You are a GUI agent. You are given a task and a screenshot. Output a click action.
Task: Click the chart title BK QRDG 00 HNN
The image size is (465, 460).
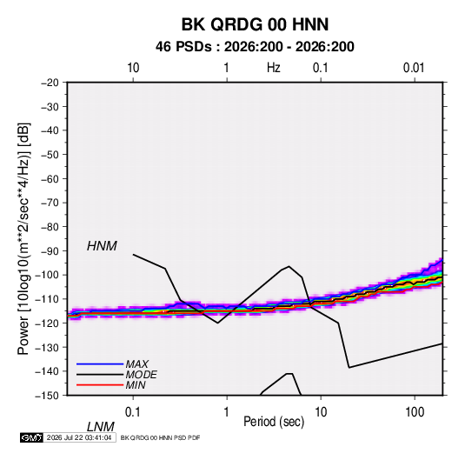[255, 24]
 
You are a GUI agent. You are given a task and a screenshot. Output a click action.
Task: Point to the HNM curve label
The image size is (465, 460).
[102, 246]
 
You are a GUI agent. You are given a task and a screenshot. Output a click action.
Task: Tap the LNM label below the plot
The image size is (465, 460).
[101, 427]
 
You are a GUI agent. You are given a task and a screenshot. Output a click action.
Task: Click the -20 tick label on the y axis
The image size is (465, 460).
[50, 83]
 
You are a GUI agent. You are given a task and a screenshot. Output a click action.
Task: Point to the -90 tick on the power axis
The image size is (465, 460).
[50, 250]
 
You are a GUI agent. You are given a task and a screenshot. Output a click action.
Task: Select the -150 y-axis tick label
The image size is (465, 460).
[47, 396]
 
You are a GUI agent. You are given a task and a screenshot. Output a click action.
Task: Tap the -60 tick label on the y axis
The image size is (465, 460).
[50, 178]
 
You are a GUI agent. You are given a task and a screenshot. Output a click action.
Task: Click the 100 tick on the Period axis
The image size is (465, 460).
[415, 412]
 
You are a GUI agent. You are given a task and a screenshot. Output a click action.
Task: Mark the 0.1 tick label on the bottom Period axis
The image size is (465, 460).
[133, 412]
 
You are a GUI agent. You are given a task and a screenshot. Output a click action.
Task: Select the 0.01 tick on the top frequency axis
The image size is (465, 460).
[414, 68]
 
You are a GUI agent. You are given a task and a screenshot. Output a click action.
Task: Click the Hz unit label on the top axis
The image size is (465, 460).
[274, 68]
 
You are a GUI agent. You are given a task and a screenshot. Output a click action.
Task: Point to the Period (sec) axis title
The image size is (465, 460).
[274, 422]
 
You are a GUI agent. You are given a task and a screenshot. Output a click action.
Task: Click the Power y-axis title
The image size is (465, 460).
[23, 239]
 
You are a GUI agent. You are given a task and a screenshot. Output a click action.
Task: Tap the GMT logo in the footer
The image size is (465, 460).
[31, 437]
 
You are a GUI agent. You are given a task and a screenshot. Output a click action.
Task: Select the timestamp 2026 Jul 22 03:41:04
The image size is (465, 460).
[79, 437]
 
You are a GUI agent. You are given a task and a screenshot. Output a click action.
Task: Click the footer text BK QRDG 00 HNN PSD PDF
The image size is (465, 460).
[161, 437]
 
